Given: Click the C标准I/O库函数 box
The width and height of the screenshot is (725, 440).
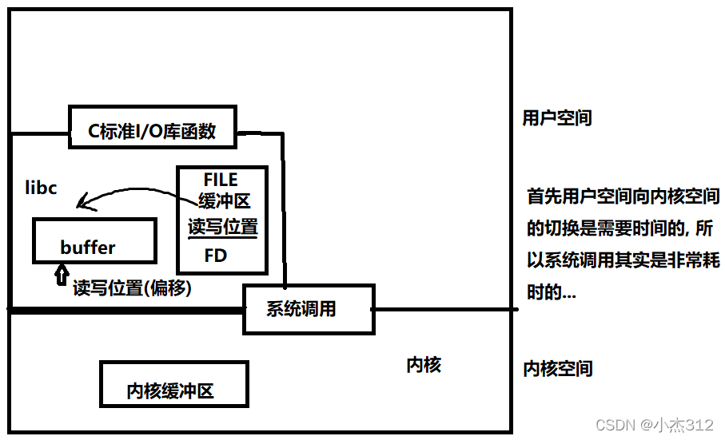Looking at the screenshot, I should tap(152, 128).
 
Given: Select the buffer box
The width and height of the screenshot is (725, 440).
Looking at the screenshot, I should tap(94, 240).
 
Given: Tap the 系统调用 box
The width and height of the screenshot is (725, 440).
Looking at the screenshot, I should tap(308, 309).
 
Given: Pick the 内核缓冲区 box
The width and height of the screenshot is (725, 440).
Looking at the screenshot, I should tap(173, 384).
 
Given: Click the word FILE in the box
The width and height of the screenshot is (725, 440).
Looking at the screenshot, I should tap(221, 180).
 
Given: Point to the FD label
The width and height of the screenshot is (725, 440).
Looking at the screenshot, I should tap(216, 256).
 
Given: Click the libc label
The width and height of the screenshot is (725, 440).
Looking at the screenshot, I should tap(41, 188).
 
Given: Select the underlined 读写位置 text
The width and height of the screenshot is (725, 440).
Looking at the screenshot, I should tap(222, 227).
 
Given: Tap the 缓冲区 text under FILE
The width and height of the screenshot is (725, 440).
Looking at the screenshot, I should tap(225, 202).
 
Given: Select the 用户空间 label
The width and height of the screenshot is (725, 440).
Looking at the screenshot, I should tap(557, 118).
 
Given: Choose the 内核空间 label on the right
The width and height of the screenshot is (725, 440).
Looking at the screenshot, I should tap(557, 368).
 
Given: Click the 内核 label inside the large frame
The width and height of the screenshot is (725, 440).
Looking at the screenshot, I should tap(424, 365).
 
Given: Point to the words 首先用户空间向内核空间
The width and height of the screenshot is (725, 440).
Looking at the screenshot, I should tap(622, 196).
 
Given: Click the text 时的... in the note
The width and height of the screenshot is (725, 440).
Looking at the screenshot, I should tap(551, 292).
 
